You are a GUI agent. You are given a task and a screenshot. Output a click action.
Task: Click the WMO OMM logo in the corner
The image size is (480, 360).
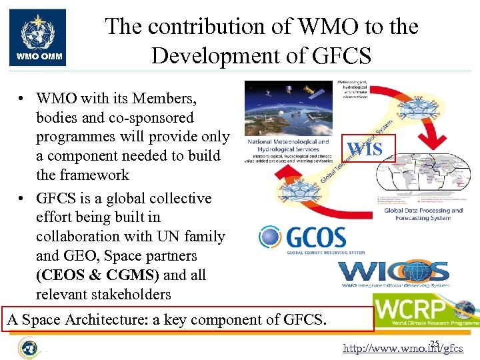[x=38, y=37]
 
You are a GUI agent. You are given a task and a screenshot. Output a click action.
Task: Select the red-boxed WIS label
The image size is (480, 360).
[x=365, y=149]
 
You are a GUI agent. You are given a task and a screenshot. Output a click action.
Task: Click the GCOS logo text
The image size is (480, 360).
[x=316, y=237]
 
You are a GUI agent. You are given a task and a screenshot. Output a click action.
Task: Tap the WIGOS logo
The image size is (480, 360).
[x=393, y=273]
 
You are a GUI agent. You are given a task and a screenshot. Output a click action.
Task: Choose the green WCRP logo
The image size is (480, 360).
[x=425, y=311]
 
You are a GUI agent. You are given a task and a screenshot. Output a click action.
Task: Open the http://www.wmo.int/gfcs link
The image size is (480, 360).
[x=403, y=348]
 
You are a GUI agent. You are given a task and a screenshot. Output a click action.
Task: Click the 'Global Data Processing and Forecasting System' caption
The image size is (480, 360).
[x=423, y=214]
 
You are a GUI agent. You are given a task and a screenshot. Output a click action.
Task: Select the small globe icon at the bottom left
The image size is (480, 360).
[x=28, y=347]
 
